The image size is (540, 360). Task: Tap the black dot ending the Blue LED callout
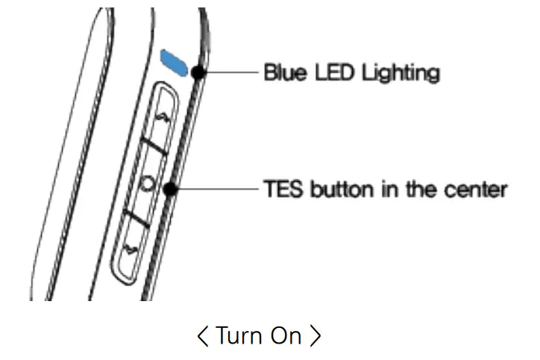[x=198, y=73]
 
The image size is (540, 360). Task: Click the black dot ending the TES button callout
[x=171, y=189]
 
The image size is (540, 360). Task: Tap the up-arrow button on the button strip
[x=163, y=118]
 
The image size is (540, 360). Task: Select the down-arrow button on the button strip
[x=134, y=247]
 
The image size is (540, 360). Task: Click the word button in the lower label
[x=332, y=189]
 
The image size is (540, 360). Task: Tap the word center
[x=480, y=189]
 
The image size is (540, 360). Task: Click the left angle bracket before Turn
[x=203, y=336]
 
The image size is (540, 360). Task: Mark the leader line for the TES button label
[x=216, y=189]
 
